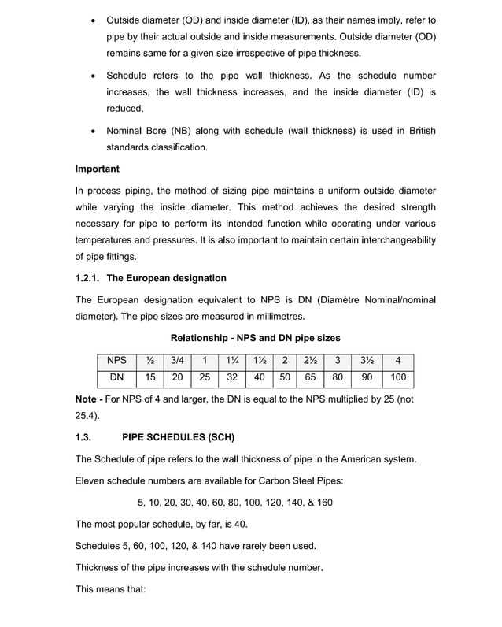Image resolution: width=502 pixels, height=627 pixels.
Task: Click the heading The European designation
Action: pyautogui.click(x=166, y=278)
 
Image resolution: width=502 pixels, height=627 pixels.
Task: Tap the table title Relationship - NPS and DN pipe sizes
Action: pyautogui.click(x=256, y=337)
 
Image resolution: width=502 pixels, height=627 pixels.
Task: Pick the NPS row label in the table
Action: pyautogui.click(x=116, y=361)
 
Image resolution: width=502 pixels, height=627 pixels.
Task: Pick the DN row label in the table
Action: pyautogui.click(x=116, y=377)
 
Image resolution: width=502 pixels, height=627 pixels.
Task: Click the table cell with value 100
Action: pyautogui.click(x=398, y=377)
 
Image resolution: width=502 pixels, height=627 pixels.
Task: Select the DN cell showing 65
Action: pyautogui.click(x=310, y=377)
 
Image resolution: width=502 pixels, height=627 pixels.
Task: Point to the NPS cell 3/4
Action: pyautogui.click(x=177, y=361)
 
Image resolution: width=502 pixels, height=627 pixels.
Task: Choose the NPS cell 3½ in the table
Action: pyautogui.click(x=367, y=361)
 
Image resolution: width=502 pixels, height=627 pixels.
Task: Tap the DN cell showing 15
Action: pyautogui.click(x=149, y=377)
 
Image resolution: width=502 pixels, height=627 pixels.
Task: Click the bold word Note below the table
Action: pyautogui.click(x=87, y=399)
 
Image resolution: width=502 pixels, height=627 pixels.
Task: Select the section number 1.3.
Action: pyautogui.click(x=84, y=437)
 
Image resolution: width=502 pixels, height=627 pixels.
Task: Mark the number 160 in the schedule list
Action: pyautogui.click(x=323, y=502)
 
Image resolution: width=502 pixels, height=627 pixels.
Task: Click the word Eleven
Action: pyautogui.click(x=92, y=480)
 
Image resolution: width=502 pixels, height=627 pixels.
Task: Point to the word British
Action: pyautogui.click(x=419, y=131)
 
